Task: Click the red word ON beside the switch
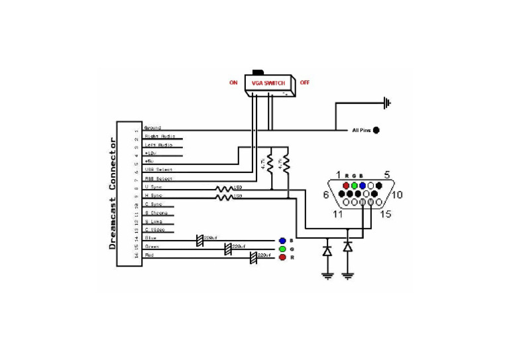[233, 83]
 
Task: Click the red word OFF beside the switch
[304, 83]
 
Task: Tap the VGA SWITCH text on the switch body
[269, 83]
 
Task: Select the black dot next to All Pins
[376, 131]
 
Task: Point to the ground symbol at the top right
[387, 103]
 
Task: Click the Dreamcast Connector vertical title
[112, 194]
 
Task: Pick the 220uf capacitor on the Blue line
[200, 239]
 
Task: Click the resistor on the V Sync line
[225, 188]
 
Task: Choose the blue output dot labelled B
[282, 240]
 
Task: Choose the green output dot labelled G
[282, 249]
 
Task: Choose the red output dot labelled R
[282, 257]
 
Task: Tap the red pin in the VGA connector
[346, 185]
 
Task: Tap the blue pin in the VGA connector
[363, 185]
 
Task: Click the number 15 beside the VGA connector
[386, 213]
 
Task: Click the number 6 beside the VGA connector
[326, 195]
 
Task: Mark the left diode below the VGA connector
[327, 251]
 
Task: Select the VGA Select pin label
[158, 170]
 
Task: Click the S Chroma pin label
[156, 213]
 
